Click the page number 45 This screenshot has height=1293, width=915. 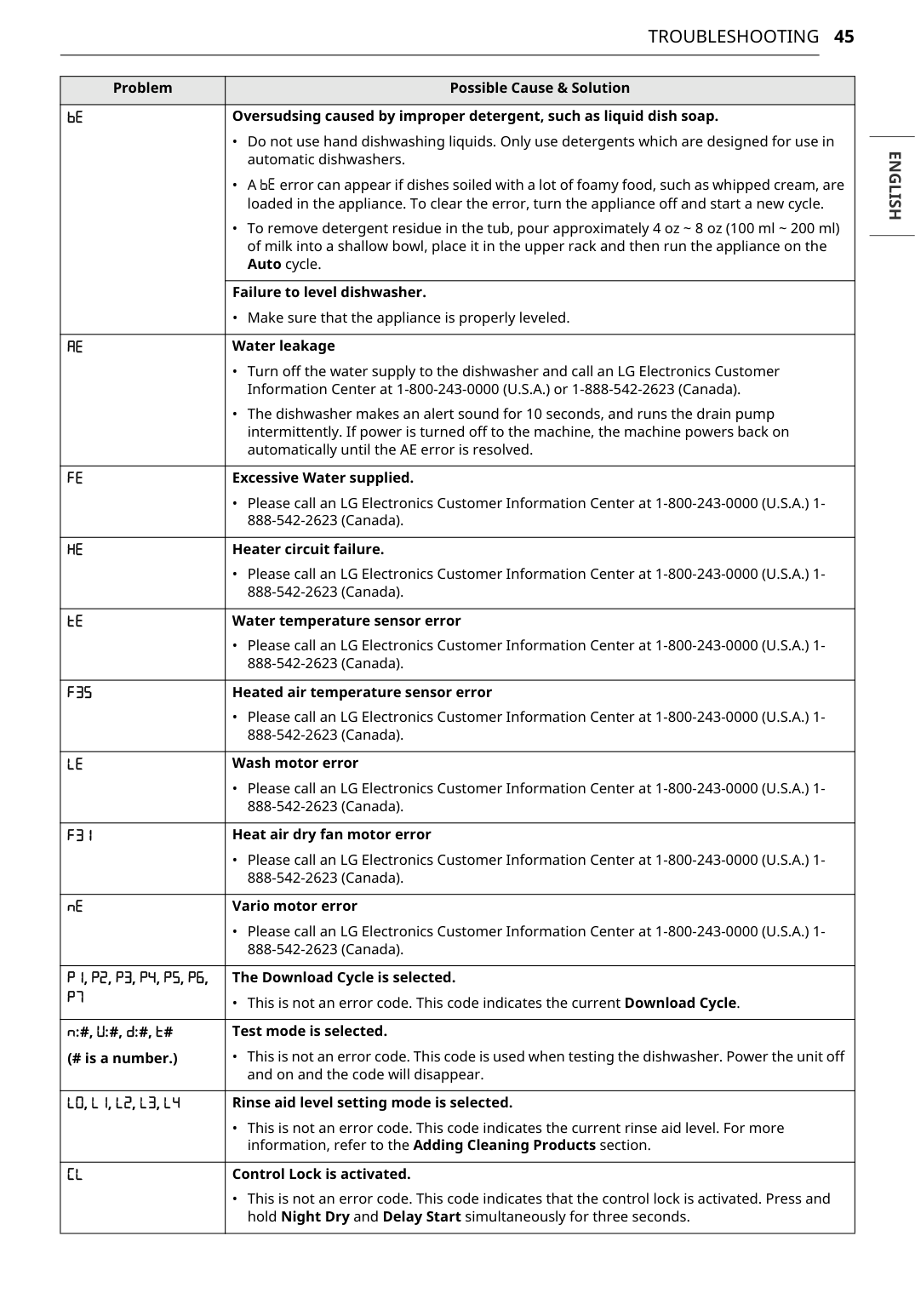(844, 37)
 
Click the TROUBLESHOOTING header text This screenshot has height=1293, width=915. (733, 37)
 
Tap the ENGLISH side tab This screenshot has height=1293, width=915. (893, 186)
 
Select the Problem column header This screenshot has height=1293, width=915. (142, 89)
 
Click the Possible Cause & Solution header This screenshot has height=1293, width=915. (540, 89)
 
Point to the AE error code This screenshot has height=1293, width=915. (75, 346)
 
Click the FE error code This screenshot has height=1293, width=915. (75, 478)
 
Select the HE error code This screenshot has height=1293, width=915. (75, 550)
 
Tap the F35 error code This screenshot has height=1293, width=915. (79, 693)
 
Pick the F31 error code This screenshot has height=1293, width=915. (79, 835)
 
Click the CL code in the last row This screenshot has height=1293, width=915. (75, 1175)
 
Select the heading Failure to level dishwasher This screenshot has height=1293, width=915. (329, 293)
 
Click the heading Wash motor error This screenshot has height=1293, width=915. (295, 764)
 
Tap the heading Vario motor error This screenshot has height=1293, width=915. (295, 907)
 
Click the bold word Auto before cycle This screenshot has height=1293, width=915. (264, 265)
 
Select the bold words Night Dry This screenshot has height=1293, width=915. (315, 1217)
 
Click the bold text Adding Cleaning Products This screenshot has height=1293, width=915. (504, 1146)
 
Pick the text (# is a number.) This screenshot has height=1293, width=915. (123, 1059)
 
